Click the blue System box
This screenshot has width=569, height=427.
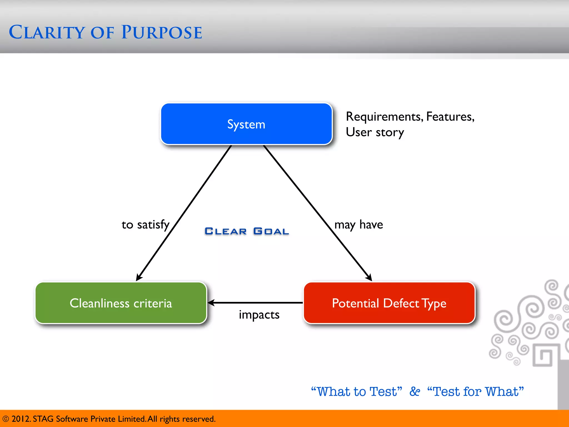point(246,124)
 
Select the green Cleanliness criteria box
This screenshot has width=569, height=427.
point(121,303)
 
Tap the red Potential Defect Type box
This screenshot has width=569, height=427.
point(389,303)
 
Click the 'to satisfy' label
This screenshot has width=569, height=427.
point(145,225)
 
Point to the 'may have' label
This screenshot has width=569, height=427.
point(358,225)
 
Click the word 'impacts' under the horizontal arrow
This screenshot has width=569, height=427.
point(259,315)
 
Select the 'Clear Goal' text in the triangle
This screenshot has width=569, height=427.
point(247,231)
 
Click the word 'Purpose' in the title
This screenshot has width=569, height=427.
point(162,33)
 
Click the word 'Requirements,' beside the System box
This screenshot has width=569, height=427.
point(385,117)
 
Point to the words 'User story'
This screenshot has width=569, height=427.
point(375,132)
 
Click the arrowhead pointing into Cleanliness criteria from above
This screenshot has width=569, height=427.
point(139,277)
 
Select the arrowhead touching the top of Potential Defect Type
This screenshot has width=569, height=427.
point(369,277)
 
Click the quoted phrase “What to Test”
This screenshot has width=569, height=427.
point(356,391)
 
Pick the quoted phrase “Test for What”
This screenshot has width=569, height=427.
point(475,391)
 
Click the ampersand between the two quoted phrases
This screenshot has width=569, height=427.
point(415,391)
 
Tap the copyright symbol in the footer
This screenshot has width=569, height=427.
point(6,419)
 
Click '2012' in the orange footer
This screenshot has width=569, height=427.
point(21,419)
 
